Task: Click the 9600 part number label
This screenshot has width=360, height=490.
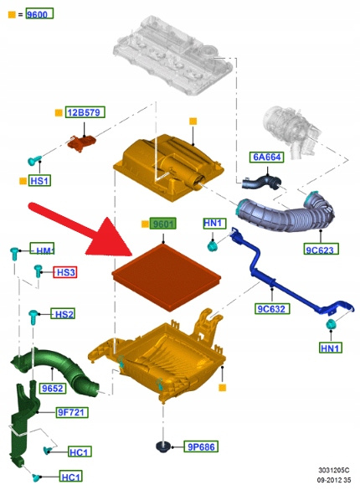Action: tap(39, 13)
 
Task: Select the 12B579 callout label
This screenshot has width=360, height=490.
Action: tap(85, 112)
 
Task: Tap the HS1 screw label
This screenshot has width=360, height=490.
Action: tap(39, 181)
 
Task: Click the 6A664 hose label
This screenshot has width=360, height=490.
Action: tap(266, 157)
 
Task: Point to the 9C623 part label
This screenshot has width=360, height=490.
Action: tap(321, 249)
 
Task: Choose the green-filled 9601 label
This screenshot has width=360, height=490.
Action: tap(163, 224)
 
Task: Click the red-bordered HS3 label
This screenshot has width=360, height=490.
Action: tap(65, 272)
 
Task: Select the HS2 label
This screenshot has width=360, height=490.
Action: tap(64, 314)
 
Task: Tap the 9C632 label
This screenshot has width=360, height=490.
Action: tap(272, 308)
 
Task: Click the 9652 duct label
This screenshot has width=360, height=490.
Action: tap(53, 388)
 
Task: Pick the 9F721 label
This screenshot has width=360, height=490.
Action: tap(72, 412)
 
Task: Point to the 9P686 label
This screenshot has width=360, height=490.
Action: tap(201, 446)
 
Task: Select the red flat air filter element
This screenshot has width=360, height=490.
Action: tap(166, 277)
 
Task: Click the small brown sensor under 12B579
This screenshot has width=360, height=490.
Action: tap(82, 142)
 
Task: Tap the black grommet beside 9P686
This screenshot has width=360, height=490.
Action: tap(162, 446)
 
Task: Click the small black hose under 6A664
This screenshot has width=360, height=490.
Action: tap(261, 182)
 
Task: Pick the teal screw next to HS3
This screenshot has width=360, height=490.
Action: tap(38, 271)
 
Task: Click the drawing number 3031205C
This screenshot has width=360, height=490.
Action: tap(333, 470)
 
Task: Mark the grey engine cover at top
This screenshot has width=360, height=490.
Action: tap(173, 55)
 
